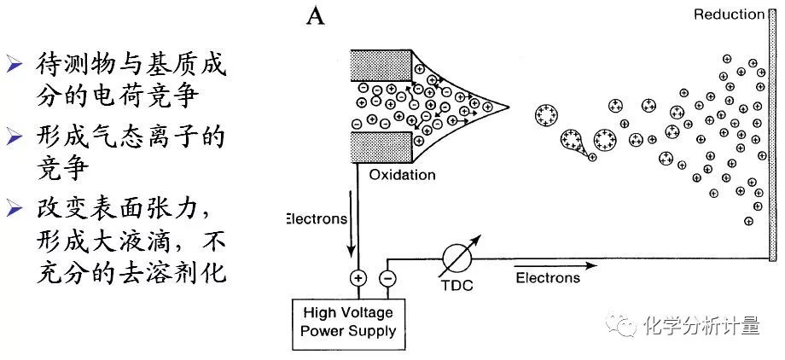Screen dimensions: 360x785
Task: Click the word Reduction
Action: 729,14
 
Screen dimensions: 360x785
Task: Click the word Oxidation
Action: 402,175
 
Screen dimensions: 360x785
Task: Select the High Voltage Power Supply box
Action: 347,322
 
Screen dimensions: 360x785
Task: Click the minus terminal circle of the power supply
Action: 387,277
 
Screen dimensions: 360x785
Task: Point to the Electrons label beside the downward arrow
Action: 317,218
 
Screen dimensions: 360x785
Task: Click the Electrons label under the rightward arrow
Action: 548,277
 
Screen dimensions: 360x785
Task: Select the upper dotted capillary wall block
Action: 379,67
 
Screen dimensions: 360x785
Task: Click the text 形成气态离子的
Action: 131,136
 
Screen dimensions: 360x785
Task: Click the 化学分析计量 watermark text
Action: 702,325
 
